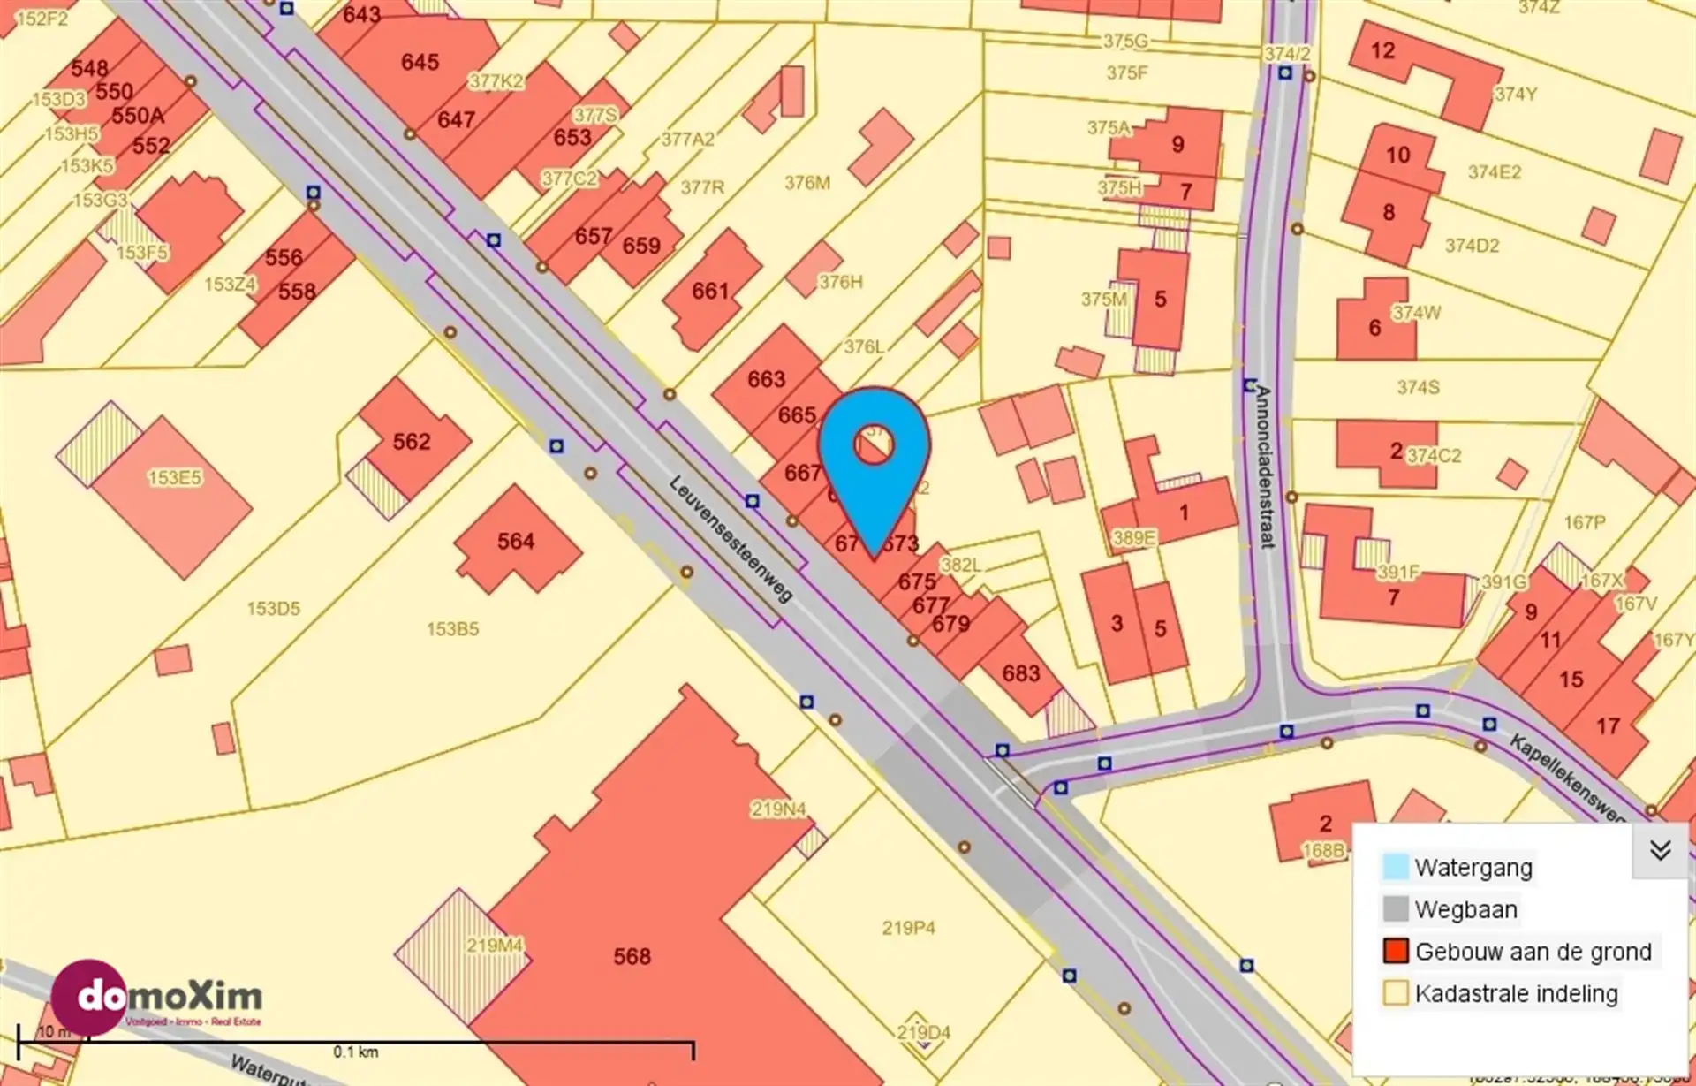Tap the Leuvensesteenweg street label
[731, 539]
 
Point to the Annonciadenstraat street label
[1265, 467]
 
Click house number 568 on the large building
[632, 956]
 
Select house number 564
[515, 541]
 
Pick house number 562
[412, 441]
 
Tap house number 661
[710, 291]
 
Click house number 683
[1020, 673]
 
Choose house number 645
[420, 62]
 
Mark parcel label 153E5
[174, 478]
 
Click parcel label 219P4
[908, 928]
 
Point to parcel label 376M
[807, 183]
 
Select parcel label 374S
[1418, 387]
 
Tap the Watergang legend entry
[1473, 867]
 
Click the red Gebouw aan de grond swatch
[1396, 952]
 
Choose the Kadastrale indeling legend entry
[1516, 993]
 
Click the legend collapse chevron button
[1660, 850]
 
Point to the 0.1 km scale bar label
[355, 1052]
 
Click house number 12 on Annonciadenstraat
[1382, 50]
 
